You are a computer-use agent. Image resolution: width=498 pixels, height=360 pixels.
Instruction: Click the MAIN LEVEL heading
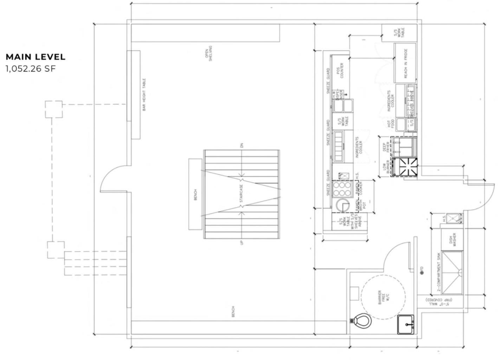(x=35, y=57)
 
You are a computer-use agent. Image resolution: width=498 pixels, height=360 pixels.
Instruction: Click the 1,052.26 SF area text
(x=31, y=69)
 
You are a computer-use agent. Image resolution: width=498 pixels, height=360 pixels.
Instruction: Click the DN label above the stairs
(x=241, y=145)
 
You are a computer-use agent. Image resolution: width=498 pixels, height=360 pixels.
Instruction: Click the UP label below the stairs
(x=241, y=243)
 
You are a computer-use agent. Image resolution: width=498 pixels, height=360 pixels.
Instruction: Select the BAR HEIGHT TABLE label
(x=144, y=95)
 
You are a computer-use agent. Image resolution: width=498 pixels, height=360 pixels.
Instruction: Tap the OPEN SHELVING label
(x=209, y=53)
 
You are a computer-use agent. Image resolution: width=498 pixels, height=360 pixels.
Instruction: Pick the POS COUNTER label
(x=339, y=70)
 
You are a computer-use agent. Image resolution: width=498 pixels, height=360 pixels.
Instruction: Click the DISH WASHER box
(x=452, y=240)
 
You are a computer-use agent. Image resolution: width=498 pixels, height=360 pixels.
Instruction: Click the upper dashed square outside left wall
(x=54, y=109)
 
